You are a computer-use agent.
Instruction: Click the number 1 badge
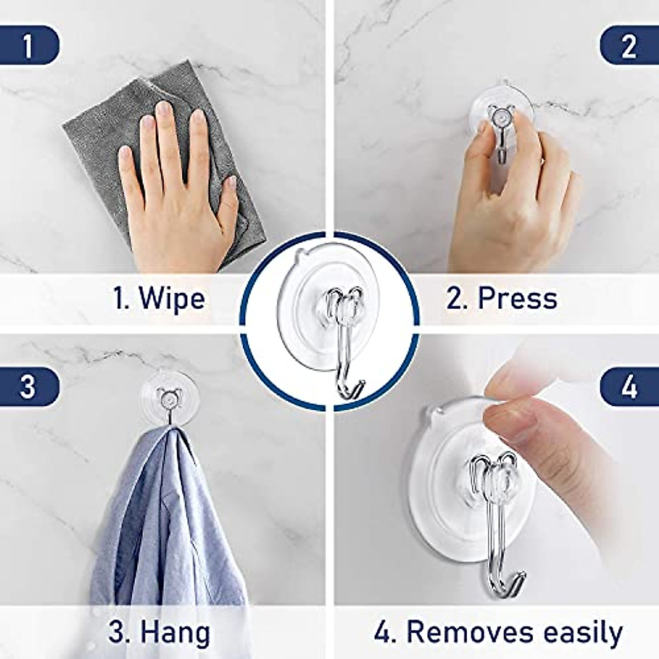tap(27, 46)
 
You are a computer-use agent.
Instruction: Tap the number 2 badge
tap(629, 46)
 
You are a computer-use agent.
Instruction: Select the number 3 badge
tap(27, 387)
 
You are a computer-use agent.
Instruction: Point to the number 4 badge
tap(629, 387)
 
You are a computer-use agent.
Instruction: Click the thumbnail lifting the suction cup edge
tap(511, 417)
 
